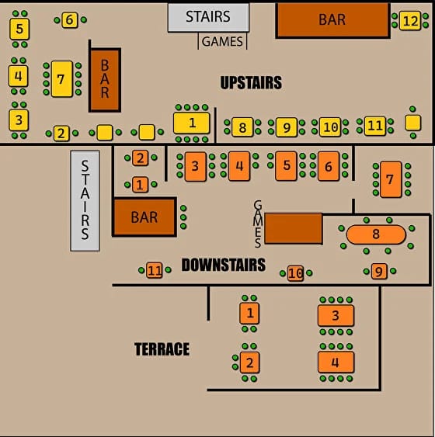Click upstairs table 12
click(410, 21)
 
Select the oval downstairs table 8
click(376, 234)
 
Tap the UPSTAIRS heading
click(251, 82)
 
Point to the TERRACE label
click(162, 349)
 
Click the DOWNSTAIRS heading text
click(224, 265)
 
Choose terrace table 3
click(336, 315)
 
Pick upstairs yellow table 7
click(62, 79)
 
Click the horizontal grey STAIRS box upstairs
click(208, 17)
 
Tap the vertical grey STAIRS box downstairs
click(85, 201)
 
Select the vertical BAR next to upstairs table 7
click(105, 80)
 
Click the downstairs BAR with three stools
click(144, 217)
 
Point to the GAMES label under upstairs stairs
click(222, 42)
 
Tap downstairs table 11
click(155, 270)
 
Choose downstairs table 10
click(296, 273)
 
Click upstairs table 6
click(69, 20)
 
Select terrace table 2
click(249, 362)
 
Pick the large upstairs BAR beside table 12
click(332, 20)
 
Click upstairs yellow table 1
click(192, 123)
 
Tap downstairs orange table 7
click(391, 179)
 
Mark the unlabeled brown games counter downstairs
click(294, 228)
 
